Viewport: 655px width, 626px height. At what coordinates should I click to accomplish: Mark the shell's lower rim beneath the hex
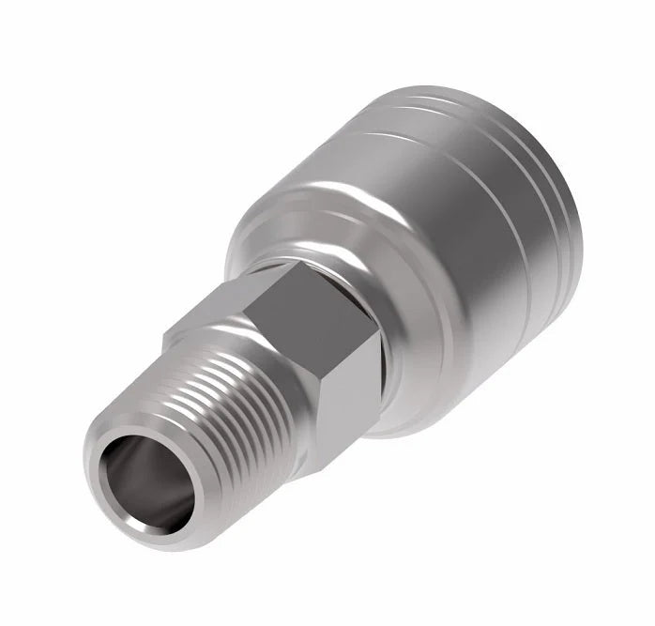tap(404, 427)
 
